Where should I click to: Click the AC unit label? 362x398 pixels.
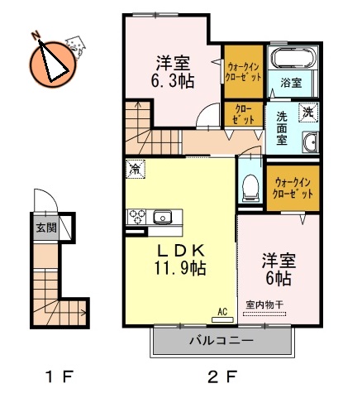coord(221,311)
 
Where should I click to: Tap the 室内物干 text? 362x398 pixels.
coord(264,305)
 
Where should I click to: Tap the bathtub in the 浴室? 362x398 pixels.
coord(293,61)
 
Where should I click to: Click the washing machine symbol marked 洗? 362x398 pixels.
coord(307,113)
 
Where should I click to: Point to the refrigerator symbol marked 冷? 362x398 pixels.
coord(136,168)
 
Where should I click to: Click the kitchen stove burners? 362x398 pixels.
coord(136,217)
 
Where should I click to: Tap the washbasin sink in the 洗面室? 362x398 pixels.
coord(311,146)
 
